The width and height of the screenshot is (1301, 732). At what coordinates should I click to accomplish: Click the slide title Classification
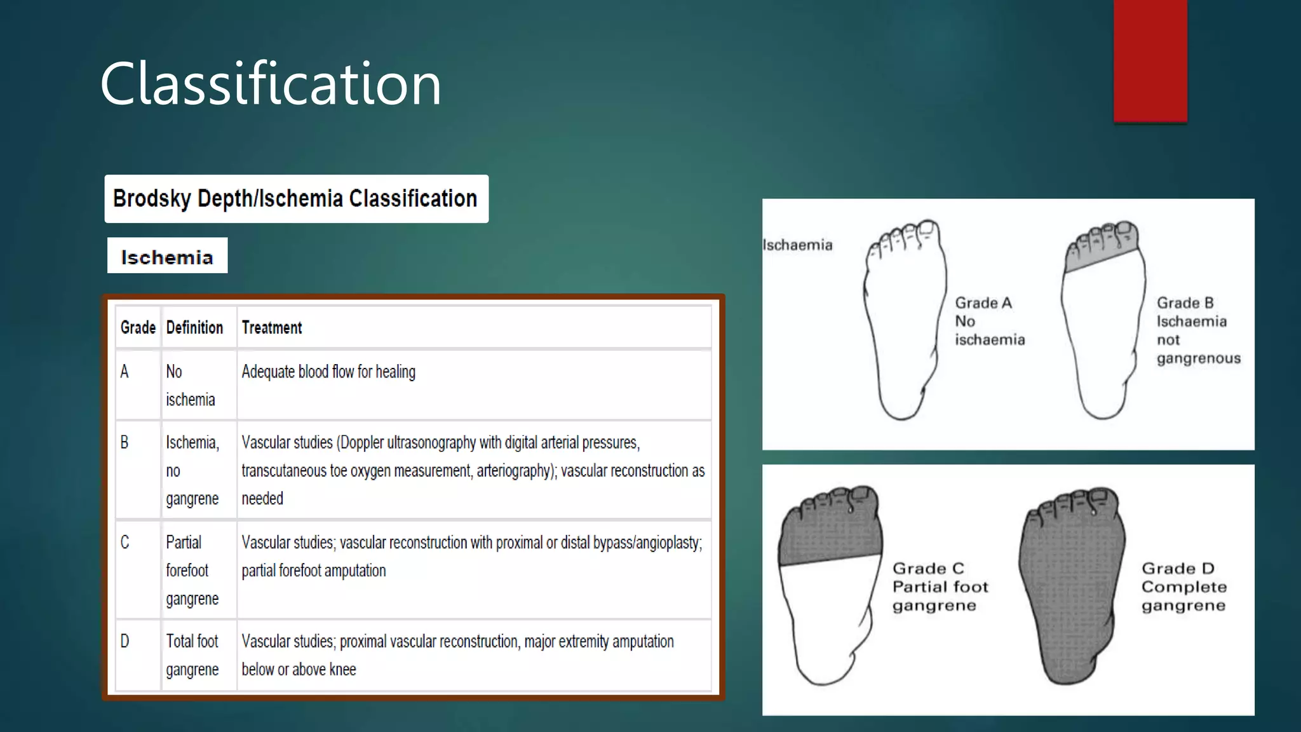271,83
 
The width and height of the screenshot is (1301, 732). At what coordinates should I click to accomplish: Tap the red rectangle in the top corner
1150,60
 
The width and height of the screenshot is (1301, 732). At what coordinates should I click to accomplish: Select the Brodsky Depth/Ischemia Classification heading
295,199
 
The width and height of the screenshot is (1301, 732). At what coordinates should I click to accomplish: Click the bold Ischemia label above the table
167,257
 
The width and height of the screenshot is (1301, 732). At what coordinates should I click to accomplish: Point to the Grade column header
138,328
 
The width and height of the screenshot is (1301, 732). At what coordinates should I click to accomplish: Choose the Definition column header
194,328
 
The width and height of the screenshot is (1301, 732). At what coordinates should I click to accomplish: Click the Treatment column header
272,328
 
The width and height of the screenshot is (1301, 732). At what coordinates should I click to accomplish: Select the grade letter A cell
125,372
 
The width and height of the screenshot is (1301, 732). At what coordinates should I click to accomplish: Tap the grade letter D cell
125,641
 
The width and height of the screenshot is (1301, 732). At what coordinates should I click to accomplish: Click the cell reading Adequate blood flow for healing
328,372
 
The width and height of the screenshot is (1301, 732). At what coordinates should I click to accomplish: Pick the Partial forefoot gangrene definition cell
192,570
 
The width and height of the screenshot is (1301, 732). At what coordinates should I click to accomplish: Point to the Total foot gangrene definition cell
192,655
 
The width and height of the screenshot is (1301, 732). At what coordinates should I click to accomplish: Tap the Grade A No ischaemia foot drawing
904,324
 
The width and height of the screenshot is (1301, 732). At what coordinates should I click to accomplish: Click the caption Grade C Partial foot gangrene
940,586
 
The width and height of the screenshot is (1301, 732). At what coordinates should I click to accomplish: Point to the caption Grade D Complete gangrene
1183,586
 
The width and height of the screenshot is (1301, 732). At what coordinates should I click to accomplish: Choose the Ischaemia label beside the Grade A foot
797,245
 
